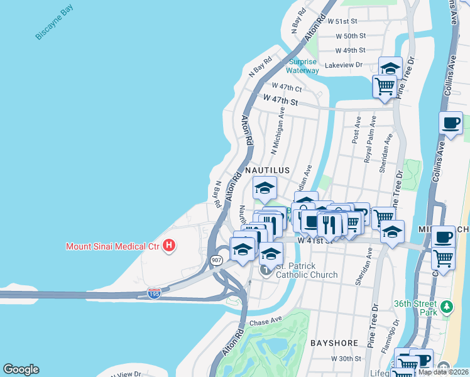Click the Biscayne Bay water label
click(x=54, y=22)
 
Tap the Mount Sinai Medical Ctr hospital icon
click(x=168, y=246)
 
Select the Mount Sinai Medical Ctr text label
click(x=112, y=246)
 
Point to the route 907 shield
click(x=217, y=260)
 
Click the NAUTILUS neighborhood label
click(x=267, y=170)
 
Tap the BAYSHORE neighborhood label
click(x=334, y=343)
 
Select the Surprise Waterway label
click(x=304, y=66)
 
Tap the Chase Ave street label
click(x=264, y=322)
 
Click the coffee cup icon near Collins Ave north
click(x=450, y=123)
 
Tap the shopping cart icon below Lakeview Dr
click(x=385, y=85)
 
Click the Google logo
click(x=21, y=369)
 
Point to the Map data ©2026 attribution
click(x=443, y=372)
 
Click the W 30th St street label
click(x=346, y=359)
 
